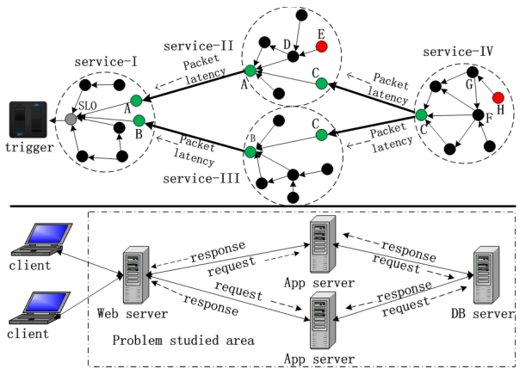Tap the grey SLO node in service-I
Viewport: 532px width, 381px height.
pos(71,119)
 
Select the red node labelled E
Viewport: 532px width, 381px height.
pos(321,46)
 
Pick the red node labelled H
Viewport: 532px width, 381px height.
pos(498,97)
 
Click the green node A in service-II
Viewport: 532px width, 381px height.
pos(250,71)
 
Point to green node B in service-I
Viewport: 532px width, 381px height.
pos(138,121)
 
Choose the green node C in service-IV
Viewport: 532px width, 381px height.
pos(421,114)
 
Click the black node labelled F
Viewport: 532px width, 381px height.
pos(478,115)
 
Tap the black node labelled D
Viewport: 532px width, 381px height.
pos(293,56)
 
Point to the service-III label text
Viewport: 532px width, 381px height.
pos(200,178)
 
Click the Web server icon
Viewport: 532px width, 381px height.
pos(133,273)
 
